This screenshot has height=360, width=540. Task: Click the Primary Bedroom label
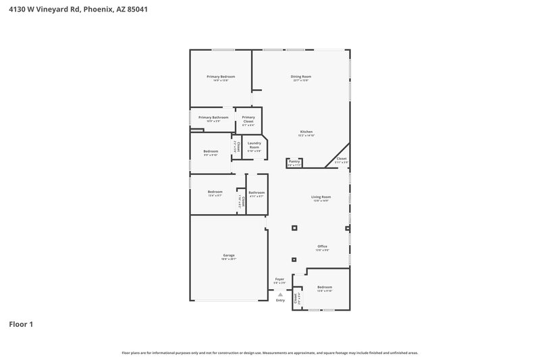(220, 77)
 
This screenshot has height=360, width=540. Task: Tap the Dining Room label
(300, 77)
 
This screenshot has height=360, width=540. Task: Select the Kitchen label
(306, 132)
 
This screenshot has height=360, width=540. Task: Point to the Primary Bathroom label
(213, 118)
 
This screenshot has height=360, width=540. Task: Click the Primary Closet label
(248, 120)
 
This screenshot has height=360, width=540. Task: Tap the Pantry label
(294, 161)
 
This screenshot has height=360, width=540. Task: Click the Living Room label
(321, 197)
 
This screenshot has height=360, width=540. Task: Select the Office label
(322, 247)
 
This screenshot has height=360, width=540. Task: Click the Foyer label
(279, 279)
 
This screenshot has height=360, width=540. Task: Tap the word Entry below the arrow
(280, 300)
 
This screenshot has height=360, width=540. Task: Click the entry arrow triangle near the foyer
(280, 294)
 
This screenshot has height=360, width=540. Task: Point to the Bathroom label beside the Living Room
(256, 192)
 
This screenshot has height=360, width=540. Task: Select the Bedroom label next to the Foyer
(325, 287)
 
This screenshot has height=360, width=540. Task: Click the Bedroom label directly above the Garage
(215, 192)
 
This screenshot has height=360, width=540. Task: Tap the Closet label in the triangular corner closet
(341, 159)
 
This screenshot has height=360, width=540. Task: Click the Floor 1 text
(21, 324)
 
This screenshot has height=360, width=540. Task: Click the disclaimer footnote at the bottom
(270, 353)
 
